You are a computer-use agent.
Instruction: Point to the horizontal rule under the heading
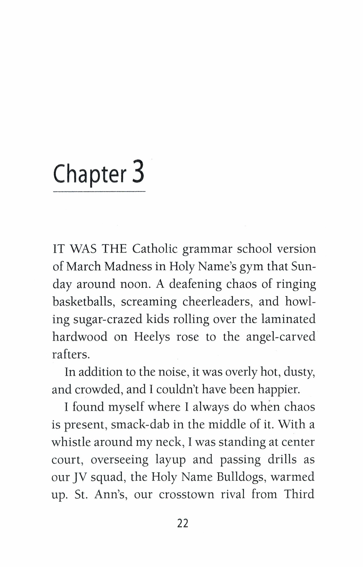coord(99,192)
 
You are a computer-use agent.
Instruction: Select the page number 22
coord(182,523)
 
